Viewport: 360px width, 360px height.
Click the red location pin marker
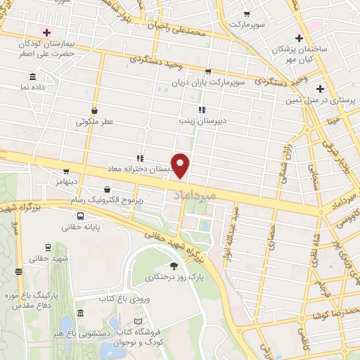click(181, 165)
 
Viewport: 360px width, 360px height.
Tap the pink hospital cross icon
click(47, 32)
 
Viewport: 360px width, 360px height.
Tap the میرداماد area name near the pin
click(188, 191)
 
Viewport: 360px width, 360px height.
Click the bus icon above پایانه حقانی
click(80, 216)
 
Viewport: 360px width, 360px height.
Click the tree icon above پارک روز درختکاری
click(173, 266)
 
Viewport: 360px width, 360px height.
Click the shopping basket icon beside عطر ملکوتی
click(104, 110)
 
